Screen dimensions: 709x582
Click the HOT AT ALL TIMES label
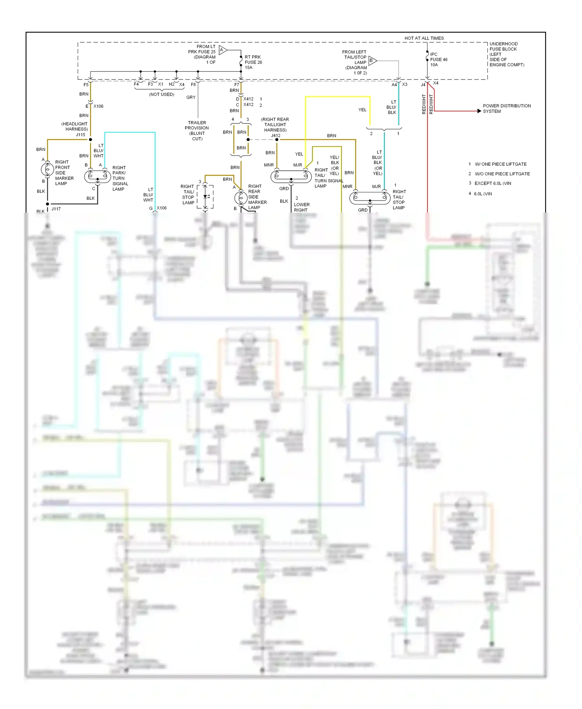pos(424,38)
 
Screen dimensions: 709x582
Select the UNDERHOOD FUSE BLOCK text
pos(503,47)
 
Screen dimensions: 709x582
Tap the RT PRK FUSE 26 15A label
pos(253,62)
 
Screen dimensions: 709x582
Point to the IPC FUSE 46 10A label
pos(438,59)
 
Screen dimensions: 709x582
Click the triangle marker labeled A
pos(222,50)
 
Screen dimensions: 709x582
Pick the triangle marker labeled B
pos(372,61)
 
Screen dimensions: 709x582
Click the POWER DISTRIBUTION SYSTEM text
pos(506,108)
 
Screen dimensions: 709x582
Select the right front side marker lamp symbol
pos(47,169)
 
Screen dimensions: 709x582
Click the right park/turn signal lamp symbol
pos(97,176)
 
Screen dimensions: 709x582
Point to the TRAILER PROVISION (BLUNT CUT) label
pos(197,130)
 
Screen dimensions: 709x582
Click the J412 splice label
pos(275,135)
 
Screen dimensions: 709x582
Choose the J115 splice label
pos(80,135)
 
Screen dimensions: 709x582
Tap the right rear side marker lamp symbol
pos(241,198)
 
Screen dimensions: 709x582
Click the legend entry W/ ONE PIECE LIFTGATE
pos(500,164)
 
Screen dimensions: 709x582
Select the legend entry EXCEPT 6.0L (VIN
pos(492,183)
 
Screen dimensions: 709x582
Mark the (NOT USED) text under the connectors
pos(161,94)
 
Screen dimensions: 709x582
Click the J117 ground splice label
pos(56,209)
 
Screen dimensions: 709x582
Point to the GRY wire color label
pos(191,97)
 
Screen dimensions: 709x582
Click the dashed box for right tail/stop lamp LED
pos(205,197)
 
